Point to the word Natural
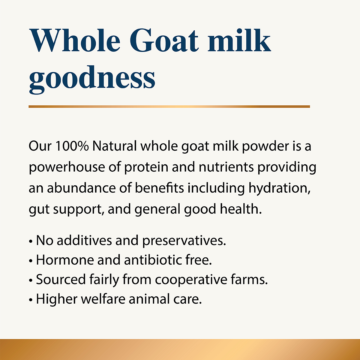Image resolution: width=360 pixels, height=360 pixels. pos(114,147)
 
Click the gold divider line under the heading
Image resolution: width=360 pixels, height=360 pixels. pos(169,107)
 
